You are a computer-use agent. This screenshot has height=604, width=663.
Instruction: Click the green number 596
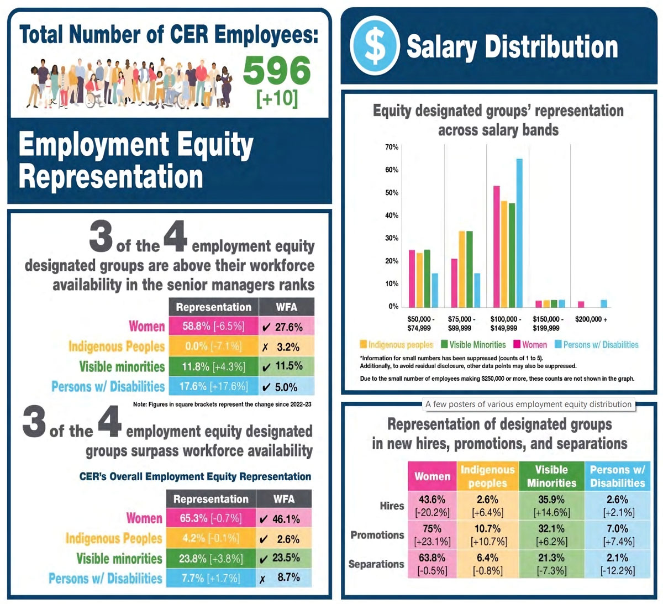coord(277,70)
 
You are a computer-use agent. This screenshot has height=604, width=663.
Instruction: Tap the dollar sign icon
coord(375,46)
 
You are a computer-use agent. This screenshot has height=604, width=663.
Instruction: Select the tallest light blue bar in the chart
coord(519,232)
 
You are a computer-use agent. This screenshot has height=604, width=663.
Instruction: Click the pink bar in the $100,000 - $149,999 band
coord(496,246)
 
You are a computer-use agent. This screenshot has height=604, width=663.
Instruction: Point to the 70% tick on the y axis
coord(391,147)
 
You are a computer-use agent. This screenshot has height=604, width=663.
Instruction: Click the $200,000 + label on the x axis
coord(591,319)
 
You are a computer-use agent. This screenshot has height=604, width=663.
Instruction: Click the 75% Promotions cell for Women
coord(433,535)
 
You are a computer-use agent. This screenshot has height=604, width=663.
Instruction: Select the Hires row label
coord(392,506)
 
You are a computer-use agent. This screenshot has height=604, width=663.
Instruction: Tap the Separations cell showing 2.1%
coord(617,564)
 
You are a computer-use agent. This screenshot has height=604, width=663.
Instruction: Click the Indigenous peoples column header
coord(487,476)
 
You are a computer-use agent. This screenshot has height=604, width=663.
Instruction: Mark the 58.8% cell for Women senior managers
coord(213,326)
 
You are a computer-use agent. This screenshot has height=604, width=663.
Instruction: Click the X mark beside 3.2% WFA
coord(265,347)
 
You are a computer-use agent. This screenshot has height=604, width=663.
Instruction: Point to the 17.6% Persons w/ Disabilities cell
coord(213,386)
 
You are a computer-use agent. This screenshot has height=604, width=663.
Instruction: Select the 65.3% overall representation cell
coord(211,518)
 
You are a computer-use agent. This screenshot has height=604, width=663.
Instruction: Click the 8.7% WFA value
coord(288,577)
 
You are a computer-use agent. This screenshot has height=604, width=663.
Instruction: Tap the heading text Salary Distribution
coord(512,46)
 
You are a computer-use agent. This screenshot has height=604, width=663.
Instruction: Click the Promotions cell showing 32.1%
coord(551,535)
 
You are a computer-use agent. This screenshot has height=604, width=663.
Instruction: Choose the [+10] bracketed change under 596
coord(277,98)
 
